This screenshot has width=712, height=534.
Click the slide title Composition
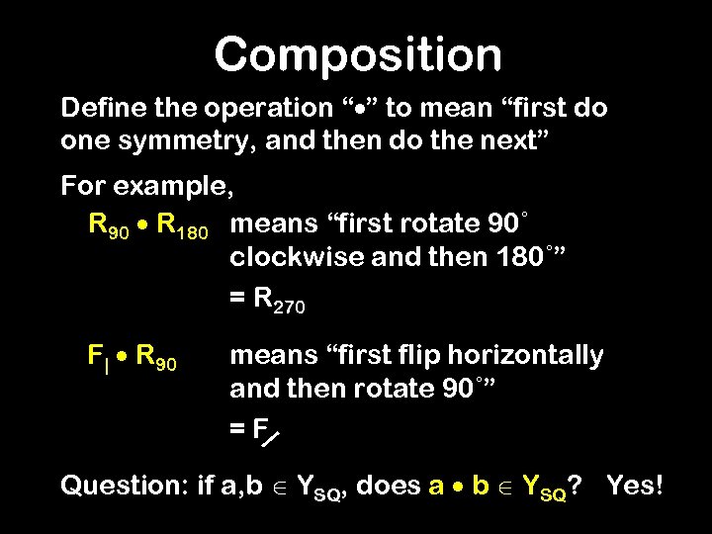coord(357,54)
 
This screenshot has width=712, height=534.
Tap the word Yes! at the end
coord(634,486)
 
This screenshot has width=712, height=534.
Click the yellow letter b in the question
coord(482,486)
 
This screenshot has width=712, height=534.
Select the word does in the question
coord(387,486)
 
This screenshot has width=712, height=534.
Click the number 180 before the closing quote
coord(517,259)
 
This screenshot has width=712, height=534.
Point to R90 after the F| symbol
coord(156,356)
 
